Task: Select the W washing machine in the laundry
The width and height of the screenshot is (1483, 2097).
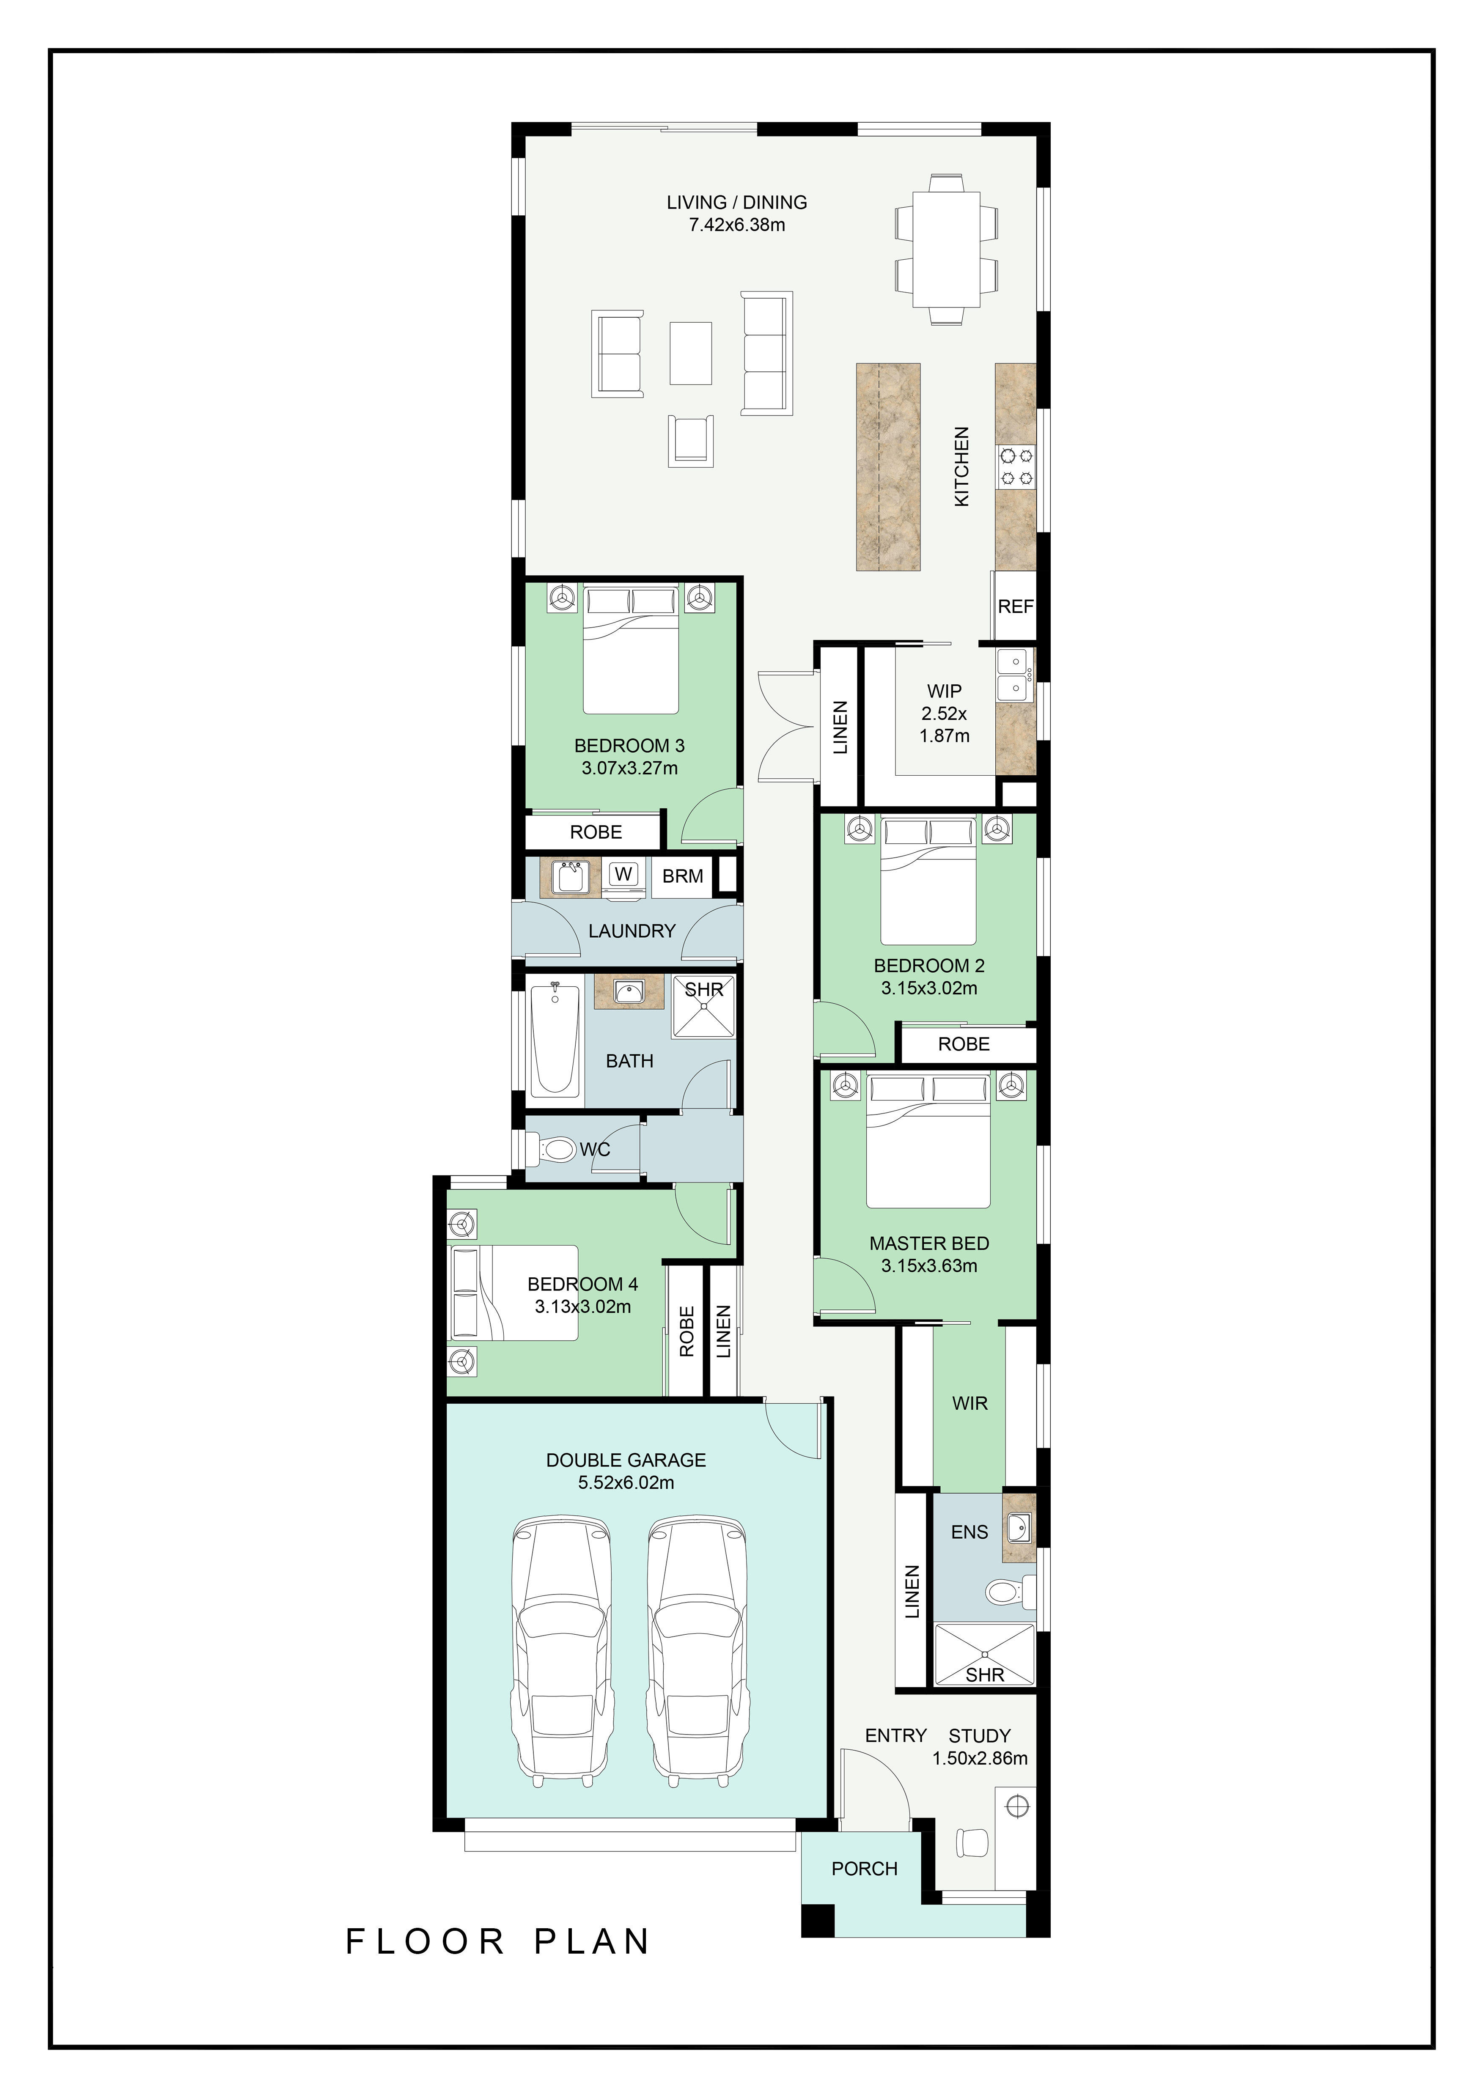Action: coord(624,874)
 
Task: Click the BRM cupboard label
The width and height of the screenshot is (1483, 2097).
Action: coord(683,876)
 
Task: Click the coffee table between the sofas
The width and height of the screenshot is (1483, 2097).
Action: coord(690,353)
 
